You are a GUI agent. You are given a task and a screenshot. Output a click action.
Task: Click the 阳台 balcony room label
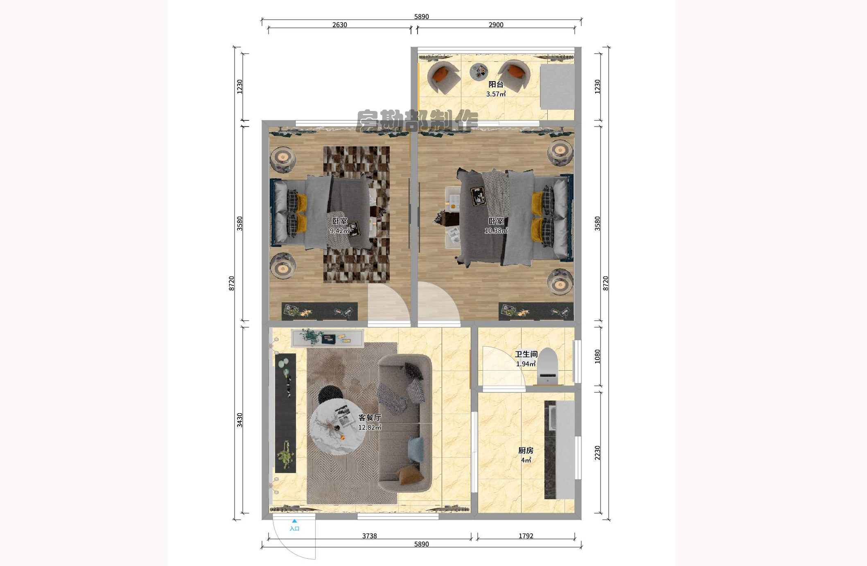click(x=496, y=84)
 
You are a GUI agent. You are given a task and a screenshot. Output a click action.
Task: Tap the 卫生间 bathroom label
click(x=526, y=354)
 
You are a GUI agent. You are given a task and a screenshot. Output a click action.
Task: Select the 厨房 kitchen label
click(x=526, y=451)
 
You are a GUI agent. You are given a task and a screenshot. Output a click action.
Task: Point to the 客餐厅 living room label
click(x=370, y=417)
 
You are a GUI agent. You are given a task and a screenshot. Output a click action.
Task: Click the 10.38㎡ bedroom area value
click(x=496, y=231)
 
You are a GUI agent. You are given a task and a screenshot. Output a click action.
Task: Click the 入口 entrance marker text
click(x=294, y=528)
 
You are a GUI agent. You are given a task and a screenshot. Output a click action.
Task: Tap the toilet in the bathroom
click(x=548, y=367)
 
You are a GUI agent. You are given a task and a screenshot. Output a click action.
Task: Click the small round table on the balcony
click(x=479, y=72)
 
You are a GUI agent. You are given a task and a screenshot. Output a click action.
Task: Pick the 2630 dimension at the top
click(x=339, y=25)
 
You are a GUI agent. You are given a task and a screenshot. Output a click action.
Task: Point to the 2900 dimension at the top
click(x=496, y=25)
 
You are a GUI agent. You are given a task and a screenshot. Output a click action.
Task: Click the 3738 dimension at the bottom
click(x=369, y=536)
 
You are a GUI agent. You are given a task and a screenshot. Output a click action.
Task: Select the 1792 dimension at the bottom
click(x=526, y=536)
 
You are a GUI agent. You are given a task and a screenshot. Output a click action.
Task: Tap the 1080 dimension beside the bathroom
click(x=598, y=356)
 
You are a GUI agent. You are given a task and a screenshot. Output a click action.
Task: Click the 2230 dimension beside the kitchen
click(x=598, y=453)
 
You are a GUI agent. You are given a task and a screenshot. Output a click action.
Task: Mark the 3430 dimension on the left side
click(x=239, y=420)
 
